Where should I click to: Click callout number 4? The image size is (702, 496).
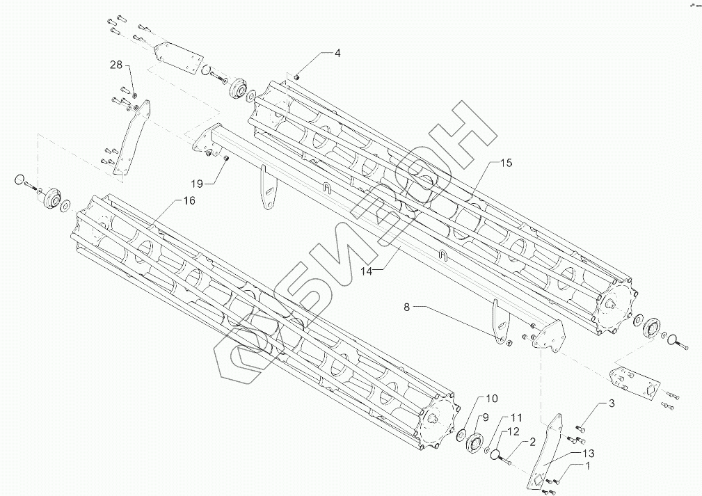click(337, 53)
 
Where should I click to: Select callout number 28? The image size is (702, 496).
click(115, 65)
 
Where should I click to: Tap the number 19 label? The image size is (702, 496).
click(197, 183)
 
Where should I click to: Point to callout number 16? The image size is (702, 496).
click(189, 200)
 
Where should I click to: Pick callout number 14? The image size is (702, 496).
click(367, 271)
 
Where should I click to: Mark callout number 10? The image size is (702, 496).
click(491, 399)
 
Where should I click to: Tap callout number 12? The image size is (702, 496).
click(513, 431)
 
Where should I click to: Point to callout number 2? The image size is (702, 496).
click(532, 441)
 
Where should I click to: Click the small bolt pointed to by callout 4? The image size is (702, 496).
click(296, 77)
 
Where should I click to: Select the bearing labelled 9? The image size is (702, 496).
click(476, 443)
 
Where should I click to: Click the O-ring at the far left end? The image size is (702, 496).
click(20, 181)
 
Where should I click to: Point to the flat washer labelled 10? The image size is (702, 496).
click(460, 435)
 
